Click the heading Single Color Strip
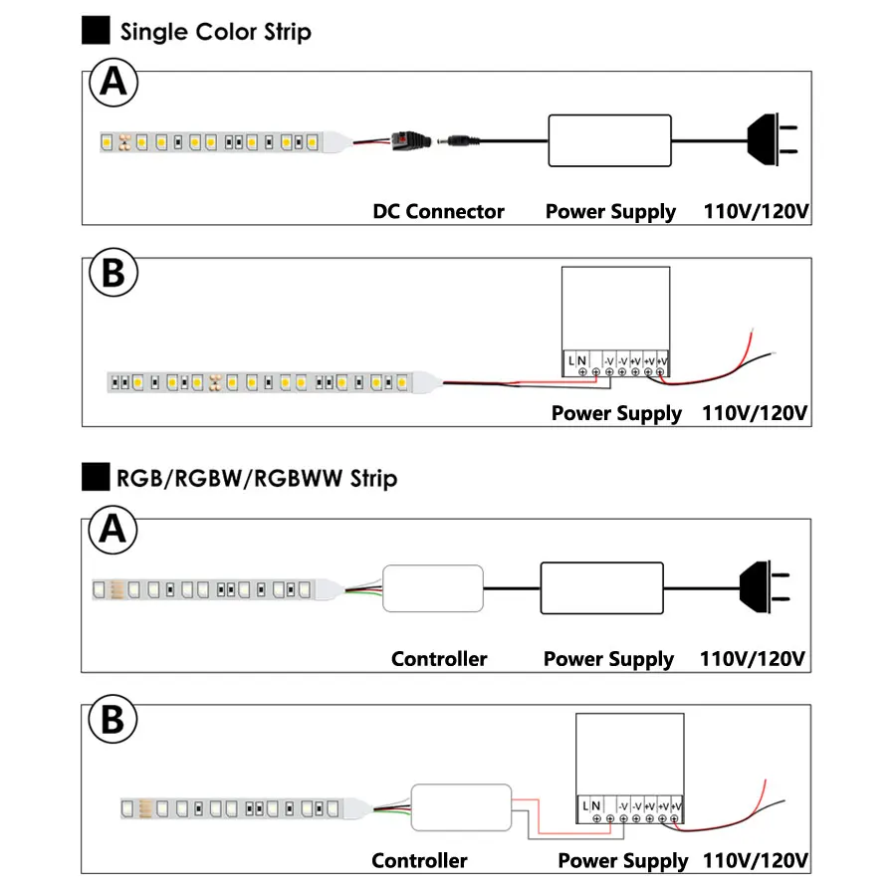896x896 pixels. click(215, 31)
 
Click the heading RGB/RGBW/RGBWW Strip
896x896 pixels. click(256, 479)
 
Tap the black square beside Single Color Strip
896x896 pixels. click(96, 31)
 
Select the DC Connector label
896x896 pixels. click(438, 211)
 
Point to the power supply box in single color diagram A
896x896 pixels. click(610, 139)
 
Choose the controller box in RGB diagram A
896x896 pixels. click(434, 587)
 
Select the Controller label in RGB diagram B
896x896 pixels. click(419, 860)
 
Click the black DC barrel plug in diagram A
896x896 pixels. click(458, 139)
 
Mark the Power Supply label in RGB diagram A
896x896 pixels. click(608, 659)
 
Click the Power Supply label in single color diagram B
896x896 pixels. click(616, 413)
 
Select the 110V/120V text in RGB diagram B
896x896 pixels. click(755, 860)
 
